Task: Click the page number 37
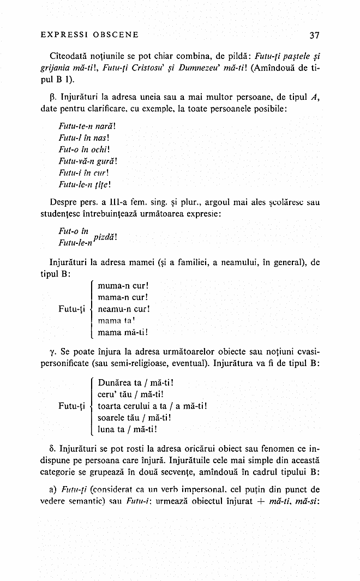pos(314,35)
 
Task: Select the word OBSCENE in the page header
pos(116,35)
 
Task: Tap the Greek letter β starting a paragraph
pos(51,99)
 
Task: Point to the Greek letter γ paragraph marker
pos(51,349)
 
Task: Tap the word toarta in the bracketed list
pos(110,406)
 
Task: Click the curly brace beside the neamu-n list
pos(91,308)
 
